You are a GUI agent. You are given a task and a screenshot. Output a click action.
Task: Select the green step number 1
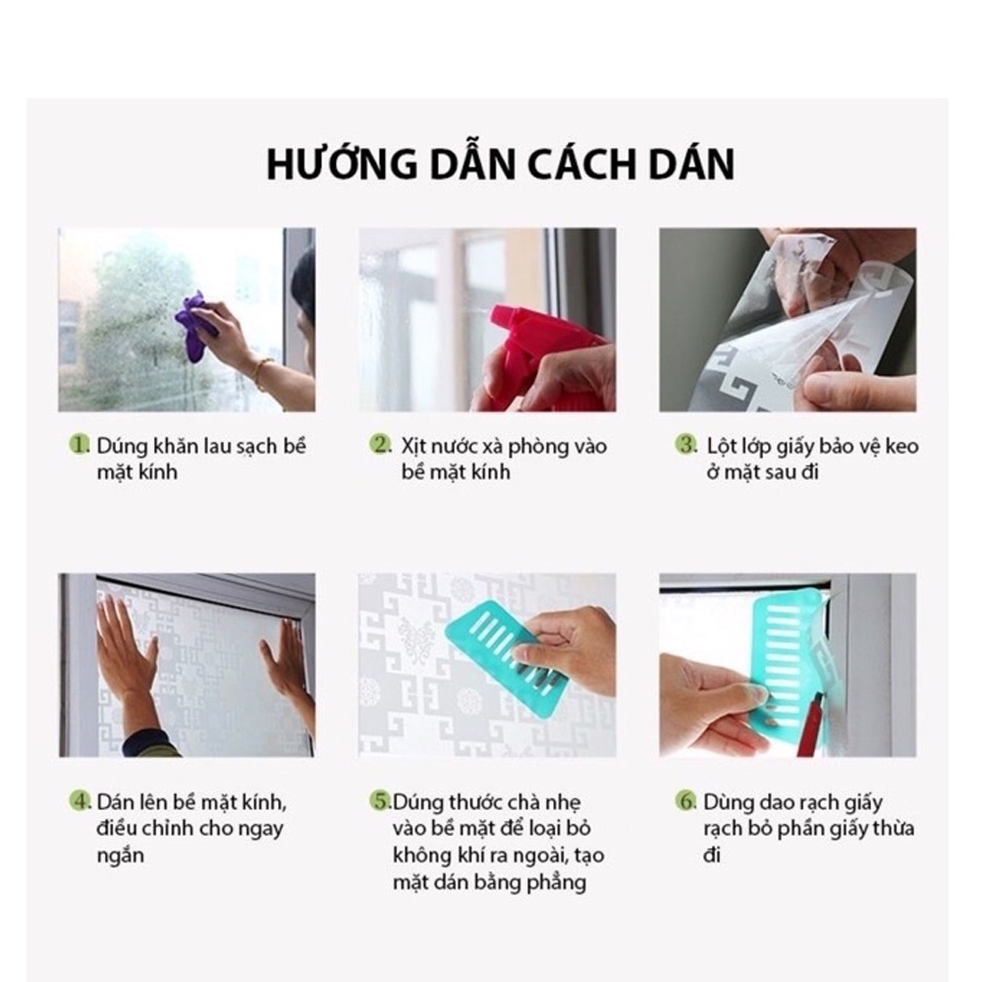80,445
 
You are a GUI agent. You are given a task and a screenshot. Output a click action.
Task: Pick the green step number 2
380,445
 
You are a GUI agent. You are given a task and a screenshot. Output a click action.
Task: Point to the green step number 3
686,445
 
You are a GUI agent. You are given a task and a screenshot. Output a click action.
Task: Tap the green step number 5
380,801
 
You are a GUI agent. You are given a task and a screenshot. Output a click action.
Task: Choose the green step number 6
686,801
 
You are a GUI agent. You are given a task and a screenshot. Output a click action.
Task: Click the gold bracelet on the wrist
263,372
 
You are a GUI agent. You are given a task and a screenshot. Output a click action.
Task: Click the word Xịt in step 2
414,447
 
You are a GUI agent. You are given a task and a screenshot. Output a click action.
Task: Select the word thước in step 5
458,802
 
